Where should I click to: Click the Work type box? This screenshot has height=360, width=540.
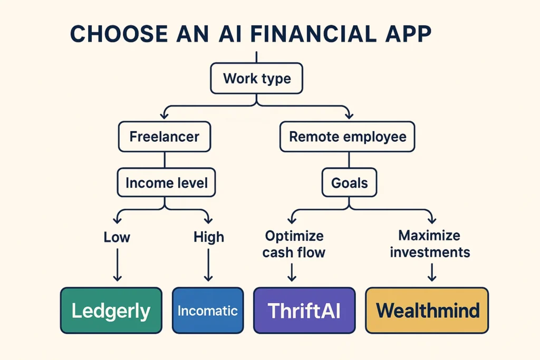pyautogui.click(x=256, y=79)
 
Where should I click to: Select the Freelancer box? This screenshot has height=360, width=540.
pyautogui.click(x=164, y=137)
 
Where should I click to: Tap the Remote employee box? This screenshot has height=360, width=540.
pyautogui.click(x=348, y=137)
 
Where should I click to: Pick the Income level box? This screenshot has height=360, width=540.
pyautogui.click(x=166, y=183)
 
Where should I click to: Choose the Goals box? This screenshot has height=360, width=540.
pyautogui.click(x=349, y=183)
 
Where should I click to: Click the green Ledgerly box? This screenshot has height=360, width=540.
pyautogui.click(x=111, y=310)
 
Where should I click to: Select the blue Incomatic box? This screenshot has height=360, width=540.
pyautogui.click(x=208, y=310)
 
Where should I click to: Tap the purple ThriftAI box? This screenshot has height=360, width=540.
pyautogui.click(x=304, y=310)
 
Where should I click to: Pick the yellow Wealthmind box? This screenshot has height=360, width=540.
pyautogui.click(x=427, y=310)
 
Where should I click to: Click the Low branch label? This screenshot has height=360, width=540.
pyautogui.click(x=117, y=237)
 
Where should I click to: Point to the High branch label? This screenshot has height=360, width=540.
pyautogui.click(x=208, y=237)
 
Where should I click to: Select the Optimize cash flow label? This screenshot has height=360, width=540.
pyautogui.click(x=294, y=244)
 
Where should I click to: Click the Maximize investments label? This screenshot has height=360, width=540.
pyautogui.click(x=429, y=244)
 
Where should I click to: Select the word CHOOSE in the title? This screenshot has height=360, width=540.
pyautogui.click(x=112, y=34)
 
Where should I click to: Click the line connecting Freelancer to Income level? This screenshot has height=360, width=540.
pyautogui.click(x=165, y=160)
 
